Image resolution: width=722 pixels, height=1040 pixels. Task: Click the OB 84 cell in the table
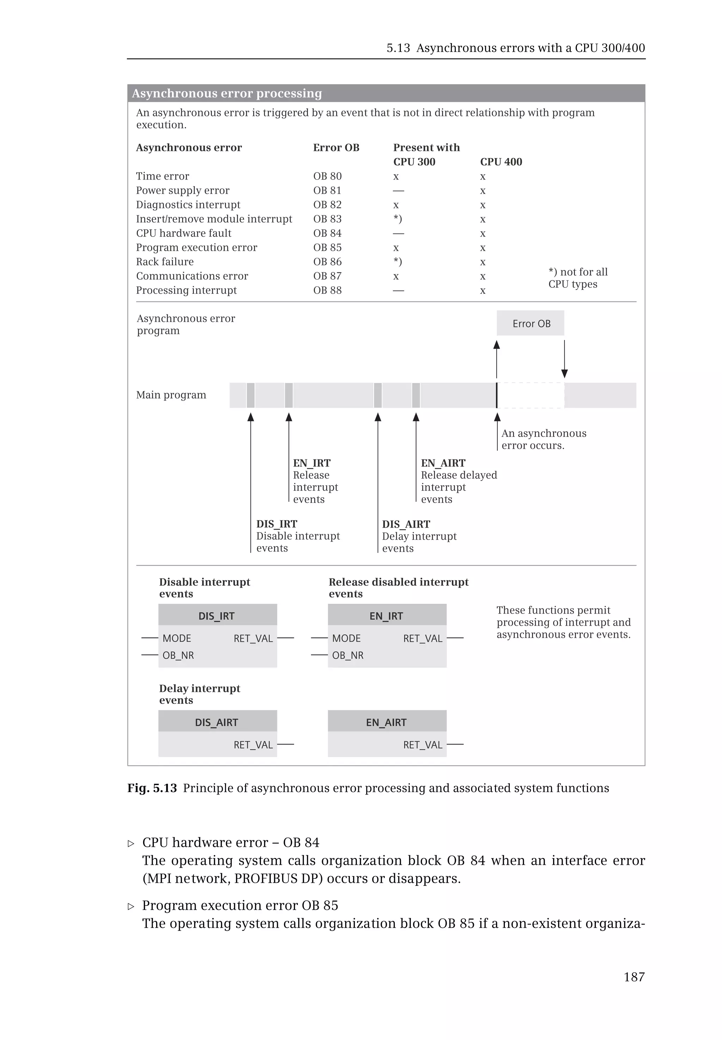327,233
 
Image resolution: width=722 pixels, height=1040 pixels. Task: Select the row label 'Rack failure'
165,262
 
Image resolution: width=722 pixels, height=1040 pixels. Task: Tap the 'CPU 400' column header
501,162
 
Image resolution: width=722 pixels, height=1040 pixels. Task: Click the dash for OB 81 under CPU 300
398,190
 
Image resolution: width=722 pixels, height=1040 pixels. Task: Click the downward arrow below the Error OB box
564,359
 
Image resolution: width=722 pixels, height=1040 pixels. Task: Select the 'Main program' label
171,395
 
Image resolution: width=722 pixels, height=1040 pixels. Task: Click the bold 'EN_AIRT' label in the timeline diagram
443,463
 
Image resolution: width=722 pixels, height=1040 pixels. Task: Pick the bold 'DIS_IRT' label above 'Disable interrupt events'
276,524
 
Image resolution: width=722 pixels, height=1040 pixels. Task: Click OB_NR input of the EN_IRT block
348,655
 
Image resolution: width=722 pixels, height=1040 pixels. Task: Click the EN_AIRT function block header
387,722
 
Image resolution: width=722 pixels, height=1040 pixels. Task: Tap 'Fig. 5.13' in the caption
152,788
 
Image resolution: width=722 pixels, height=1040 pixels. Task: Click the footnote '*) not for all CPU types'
578,278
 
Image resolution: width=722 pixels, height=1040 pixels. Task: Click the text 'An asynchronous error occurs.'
543,439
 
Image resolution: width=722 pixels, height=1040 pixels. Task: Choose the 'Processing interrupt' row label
186,290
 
